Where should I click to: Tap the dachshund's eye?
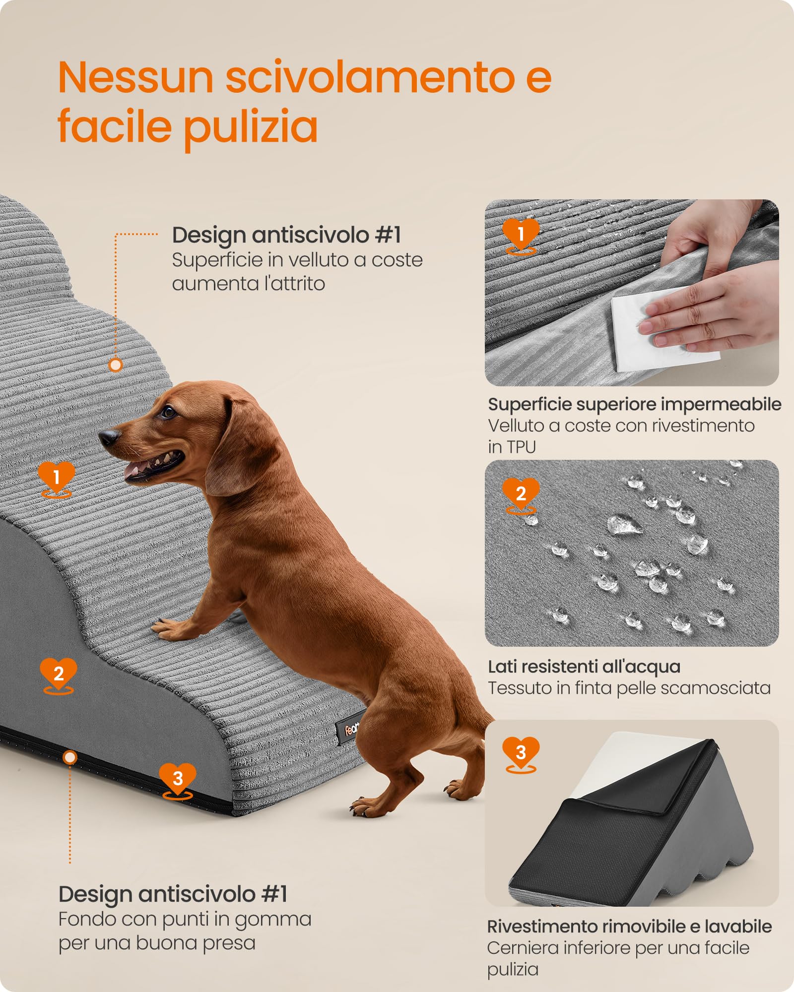click(x=169, y=411)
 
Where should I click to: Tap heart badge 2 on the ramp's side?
click(x=59, y=673)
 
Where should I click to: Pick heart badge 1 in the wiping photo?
click(x=521, y=233)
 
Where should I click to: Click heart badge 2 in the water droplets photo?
click(x=521, y=493)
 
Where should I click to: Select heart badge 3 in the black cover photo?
click(x=521, y=752)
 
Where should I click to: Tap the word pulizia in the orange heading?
click(x=251, y=127)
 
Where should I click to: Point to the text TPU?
click(x=522, y=447)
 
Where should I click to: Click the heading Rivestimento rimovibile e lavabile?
click(x=629, y=926)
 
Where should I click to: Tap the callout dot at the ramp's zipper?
click(x=70, y=757)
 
